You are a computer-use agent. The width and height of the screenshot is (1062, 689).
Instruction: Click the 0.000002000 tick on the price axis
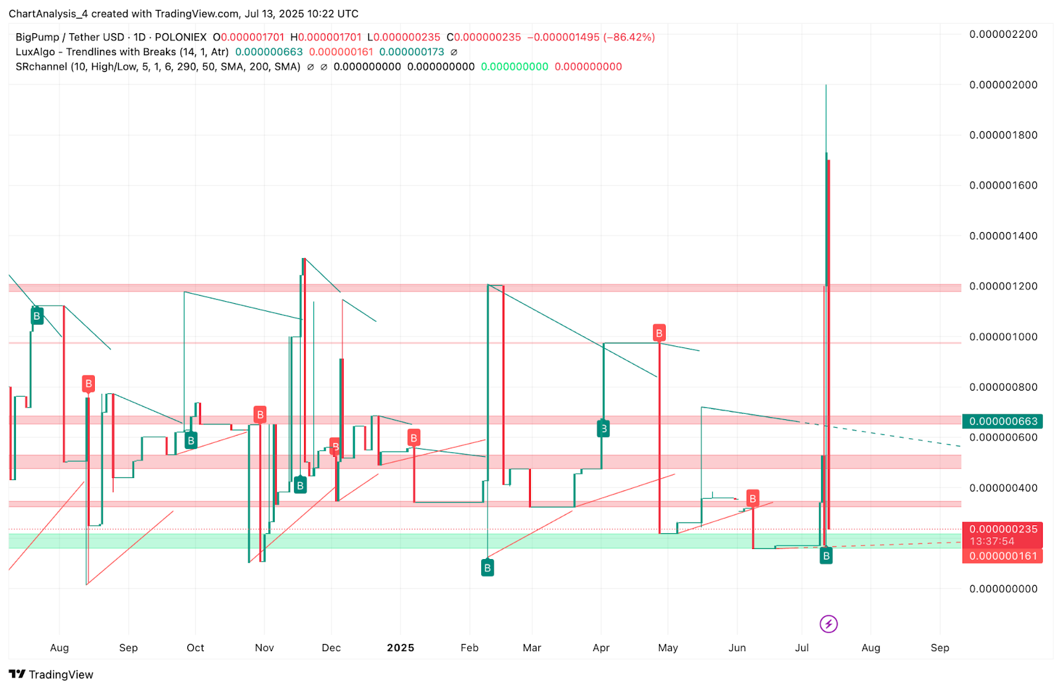pos(1003,85)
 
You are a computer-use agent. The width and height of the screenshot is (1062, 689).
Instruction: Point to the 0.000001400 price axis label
pos(1003,236)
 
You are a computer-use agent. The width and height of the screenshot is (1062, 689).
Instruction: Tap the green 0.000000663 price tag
pos(1002,421)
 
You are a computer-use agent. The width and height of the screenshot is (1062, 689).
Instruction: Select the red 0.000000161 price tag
pos(1002,556)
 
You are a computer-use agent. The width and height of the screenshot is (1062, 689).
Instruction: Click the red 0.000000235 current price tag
pos(1002,529)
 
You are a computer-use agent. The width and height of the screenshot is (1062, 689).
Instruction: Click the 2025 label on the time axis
pos(400,648)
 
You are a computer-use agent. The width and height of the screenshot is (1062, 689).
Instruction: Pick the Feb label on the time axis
pos(469,648)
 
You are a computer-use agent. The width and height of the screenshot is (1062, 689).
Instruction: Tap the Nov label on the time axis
pos(264,648)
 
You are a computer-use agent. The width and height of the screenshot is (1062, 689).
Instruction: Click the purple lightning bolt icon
pos(828,624)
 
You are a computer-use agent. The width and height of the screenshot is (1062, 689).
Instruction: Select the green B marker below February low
pos(487,568)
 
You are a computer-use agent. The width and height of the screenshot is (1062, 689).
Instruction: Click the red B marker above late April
pos(659,333)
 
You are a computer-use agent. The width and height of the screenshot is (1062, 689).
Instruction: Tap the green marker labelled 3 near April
pos(603,429)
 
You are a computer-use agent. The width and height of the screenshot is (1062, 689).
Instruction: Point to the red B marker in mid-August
pos(88,383)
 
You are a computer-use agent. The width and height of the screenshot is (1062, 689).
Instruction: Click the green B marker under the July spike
pos(826,556)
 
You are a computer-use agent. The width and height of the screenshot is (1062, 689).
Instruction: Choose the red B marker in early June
pos(753,498)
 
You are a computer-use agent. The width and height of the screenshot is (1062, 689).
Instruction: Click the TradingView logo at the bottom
pos(51,674)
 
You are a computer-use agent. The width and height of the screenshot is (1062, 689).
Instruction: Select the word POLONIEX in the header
pos(181,37)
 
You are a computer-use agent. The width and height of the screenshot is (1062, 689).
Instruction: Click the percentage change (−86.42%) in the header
pos(629,37)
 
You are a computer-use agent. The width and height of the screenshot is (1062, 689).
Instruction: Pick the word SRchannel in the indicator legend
pos(41,66)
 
